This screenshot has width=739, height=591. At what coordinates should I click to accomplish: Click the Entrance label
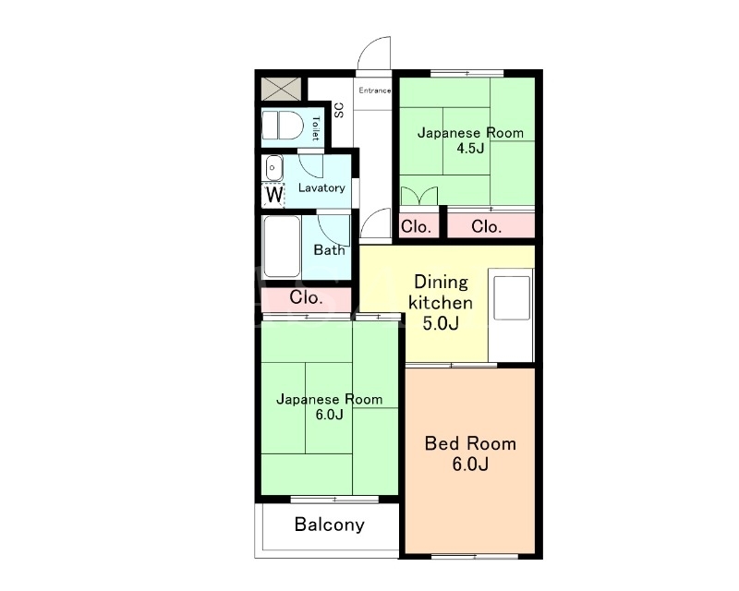pyautogui.click(x=375, y=90)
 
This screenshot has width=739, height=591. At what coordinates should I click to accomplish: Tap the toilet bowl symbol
pyautogui.click(x=282, y=126)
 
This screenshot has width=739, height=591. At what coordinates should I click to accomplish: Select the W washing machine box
pyautogui.click(x=273, y=195)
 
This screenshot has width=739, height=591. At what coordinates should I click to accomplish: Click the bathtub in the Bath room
pyautogui.click(x=282, y=247)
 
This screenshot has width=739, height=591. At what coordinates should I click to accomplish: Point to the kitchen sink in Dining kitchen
pyautogui.click(x=512, y=298)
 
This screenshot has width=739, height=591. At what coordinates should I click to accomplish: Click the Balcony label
pyautogui.click(x=330, y=525)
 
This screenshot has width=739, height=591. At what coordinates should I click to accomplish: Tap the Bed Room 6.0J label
pyautogui.click(x=470, y=453)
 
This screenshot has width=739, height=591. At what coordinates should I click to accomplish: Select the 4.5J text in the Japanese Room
pyautogui.click(x=470, y=149)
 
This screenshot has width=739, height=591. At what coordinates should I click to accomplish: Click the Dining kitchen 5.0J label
pyautogui.click(x=441, y=303)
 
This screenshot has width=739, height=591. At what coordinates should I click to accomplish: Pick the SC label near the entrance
pyautogui.click(x=339, y=110)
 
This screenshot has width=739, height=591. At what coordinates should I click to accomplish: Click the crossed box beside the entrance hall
pyautogui.click(x=282, y=89)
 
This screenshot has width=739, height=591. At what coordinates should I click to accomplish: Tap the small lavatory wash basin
pyautogui.click(x=273, y=168)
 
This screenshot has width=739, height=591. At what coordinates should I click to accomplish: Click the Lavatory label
pyautogui.click(x=321, y=188)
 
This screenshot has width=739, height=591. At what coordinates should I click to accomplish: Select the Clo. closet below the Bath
pyautogui.click(x=307, y=298)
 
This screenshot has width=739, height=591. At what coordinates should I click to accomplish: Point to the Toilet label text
pyautogui.click(x=316, y=128)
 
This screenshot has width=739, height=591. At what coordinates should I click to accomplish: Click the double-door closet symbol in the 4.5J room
pyautogui.click(x=419, y=196)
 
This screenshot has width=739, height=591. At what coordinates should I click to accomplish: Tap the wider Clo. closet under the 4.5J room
pyautogui.click(x=491, y=226)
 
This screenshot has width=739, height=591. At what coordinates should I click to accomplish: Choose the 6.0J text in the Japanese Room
pyautogui.click(x=330, y=415)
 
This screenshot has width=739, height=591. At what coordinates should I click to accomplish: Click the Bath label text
pyautogui.click(x=329, y=249)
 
